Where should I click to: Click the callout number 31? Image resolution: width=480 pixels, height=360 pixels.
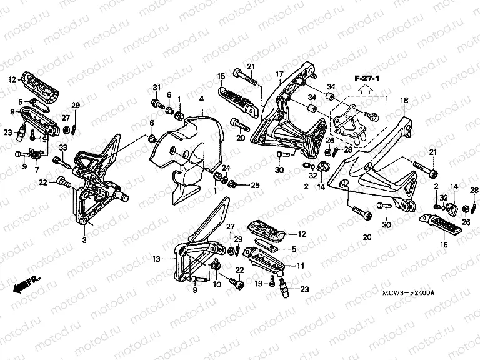[156, 86]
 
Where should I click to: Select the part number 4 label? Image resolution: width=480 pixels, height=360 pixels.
[201, 99]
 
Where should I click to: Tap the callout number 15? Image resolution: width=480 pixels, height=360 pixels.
[221, 76]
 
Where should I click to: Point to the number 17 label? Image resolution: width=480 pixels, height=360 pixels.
[279, 74]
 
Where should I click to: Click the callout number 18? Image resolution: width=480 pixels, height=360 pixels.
[404, 100]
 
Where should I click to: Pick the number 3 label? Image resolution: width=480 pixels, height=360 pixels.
[84, 239]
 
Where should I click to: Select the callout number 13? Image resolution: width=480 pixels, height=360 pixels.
[156, 258]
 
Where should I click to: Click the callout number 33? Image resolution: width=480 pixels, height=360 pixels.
[62, 147]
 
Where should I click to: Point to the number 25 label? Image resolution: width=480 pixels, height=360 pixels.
[254, 185]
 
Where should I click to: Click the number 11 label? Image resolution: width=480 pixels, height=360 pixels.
[300, 266]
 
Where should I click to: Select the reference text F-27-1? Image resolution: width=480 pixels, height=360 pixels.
[367, 77]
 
